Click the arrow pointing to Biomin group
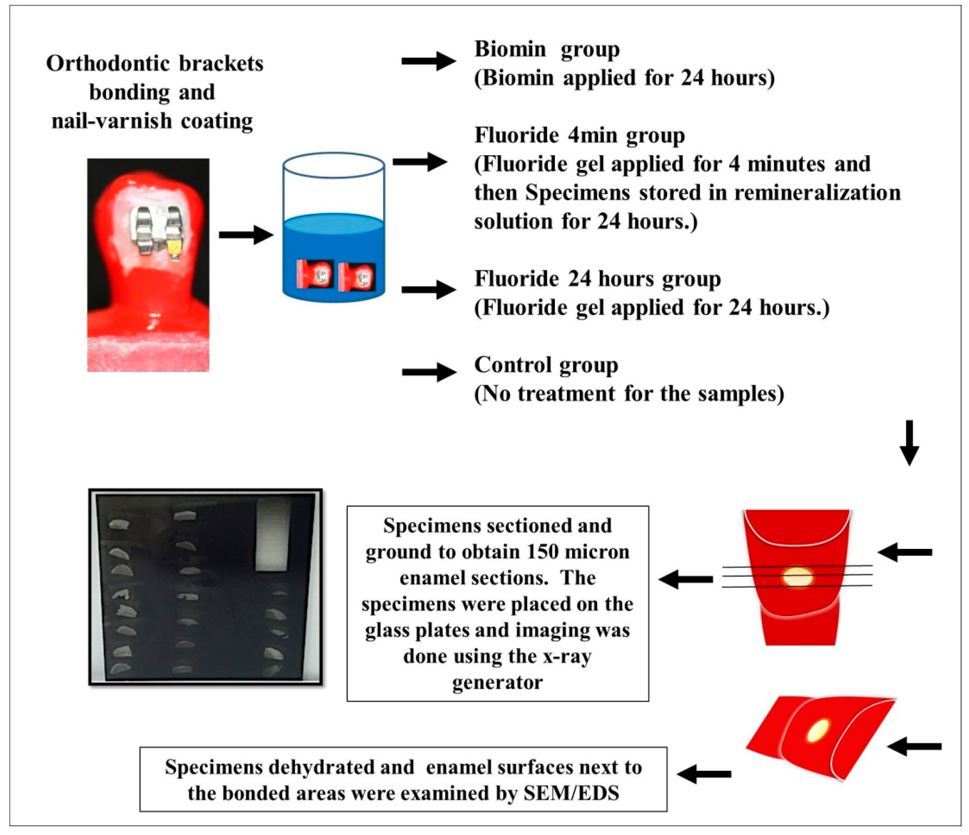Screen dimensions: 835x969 click(x=428, y=61)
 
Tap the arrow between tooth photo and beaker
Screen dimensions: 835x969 click(x=246, y=235)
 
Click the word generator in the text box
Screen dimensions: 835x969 click(x=497, y=683)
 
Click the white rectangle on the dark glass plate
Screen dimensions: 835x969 click(x=273, y=534)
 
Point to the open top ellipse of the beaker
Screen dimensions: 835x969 click(x=334, y=165)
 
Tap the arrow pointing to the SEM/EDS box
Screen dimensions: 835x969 click(x=704, y=774)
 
